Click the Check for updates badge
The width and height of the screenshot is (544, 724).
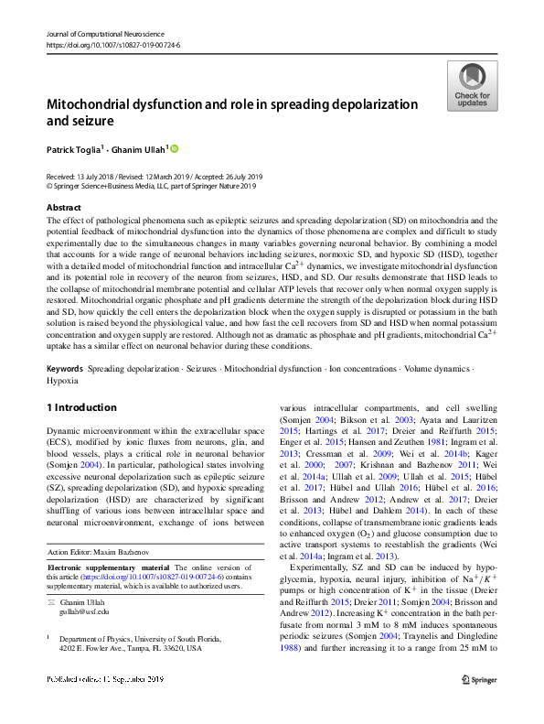click(x=472, y=86)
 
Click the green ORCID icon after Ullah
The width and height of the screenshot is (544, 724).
click(x=176, y=147)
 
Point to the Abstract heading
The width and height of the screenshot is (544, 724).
click(x=64, y=208)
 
